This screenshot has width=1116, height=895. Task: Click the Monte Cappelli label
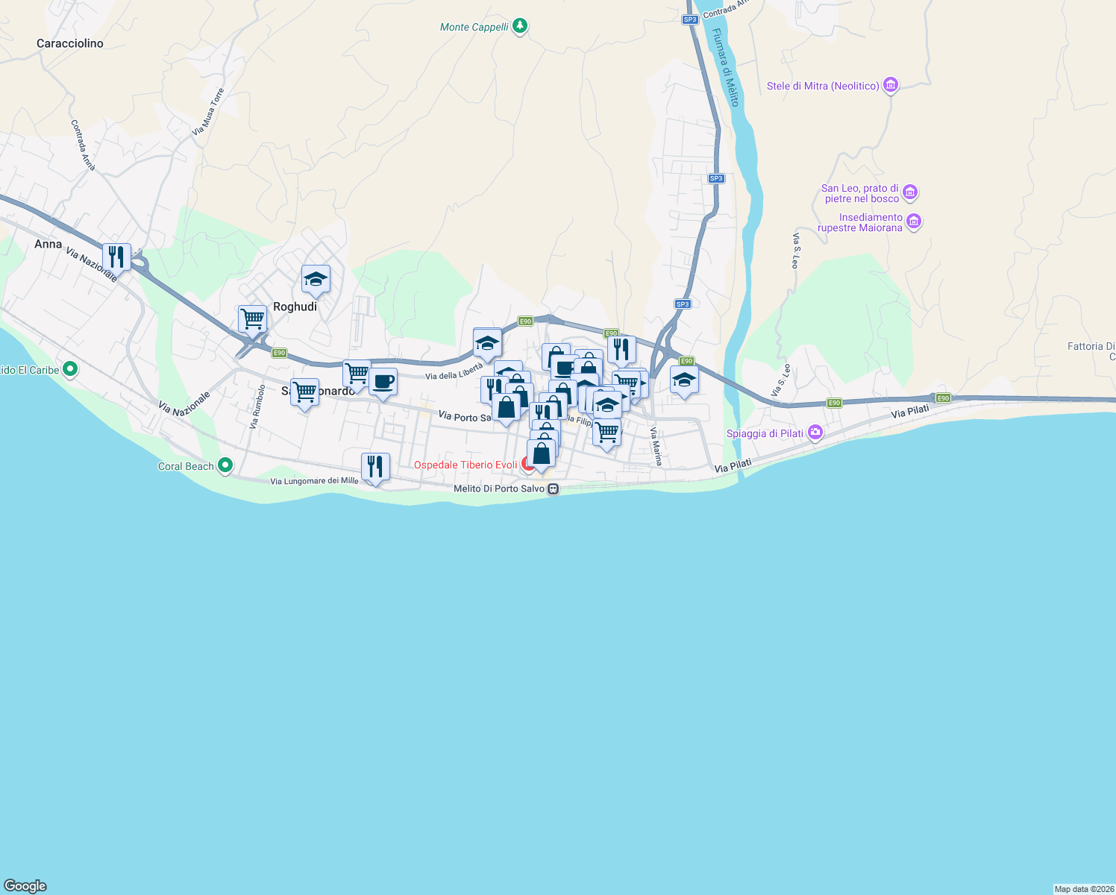tap(474, 27)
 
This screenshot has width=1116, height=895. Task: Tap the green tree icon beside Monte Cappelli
tap(521, 26)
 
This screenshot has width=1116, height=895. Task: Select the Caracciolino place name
tap(70, 43)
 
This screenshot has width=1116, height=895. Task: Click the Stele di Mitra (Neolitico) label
tap(823, 86)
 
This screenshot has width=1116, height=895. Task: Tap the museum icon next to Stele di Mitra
tap(890, 85)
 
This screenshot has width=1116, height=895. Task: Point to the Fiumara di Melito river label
tap(725, 67)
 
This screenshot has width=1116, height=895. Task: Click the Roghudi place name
tap(295, 307)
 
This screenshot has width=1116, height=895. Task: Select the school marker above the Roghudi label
tap(316, 280)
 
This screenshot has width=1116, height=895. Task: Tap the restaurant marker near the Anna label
tap(116, 257)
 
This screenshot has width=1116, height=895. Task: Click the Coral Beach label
tap(186, 466)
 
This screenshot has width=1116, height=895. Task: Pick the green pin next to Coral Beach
tap(225, 465)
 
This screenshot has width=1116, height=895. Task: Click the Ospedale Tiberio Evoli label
tap(465, 465)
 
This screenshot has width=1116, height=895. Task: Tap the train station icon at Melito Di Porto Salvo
tap(553, 489)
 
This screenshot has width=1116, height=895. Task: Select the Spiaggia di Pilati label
tap(765, 433)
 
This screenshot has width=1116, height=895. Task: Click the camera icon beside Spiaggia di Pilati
tap(815, 433)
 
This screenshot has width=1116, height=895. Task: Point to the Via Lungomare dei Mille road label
tap(314, 481)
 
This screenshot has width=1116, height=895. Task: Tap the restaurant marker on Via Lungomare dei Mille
tap(375, 467)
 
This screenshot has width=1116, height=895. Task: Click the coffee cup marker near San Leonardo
tap(383, 382)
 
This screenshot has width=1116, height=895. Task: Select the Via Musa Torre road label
tap(208, 112)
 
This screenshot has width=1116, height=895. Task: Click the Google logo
tap(25, 885)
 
